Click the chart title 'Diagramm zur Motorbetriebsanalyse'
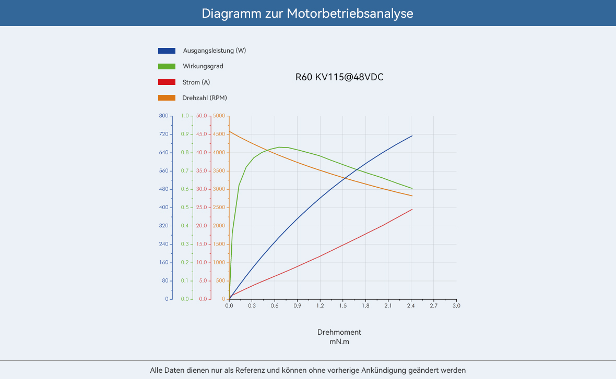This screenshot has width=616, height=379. click(x=307, y=13)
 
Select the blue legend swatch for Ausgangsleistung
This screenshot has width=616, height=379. click(x=167, y=51)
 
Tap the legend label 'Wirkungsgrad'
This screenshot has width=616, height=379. click(x=203, y=66)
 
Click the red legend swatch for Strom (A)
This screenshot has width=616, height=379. click(x=167, y=82)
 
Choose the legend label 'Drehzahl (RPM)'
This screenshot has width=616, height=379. click(x=205, y=97)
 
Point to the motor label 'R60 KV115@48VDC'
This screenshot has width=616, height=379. click(x=339, y=77)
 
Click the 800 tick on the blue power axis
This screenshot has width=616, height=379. click(x=164, y=116)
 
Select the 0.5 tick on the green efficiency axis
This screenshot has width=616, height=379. click(x=185, y=207)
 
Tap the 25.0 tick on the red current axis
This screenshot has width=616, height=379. click(x=202, y=207)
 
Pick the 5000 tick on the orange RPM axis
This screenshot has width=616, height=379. click(x=219, y=116)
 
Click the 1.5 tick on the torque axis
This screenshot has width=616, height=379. click(x=342, y=305)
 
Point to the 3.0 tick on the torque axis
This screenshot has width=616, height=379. click(x=456, y=305)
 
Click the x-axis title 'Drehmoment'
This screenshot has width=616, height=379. click(x=339, y=332)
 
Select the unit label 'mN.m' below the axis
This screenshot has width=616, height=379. click(x=339, y=342)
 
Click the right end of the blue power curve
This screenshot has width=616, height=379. click(x=412, y=136)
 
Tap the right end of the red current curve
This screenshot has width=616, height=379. click(x=412, y=210)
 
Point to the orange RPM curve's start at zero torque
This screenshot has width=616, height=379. click(x=230, y=131)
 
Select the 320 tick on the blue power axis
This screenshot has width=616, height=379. click(x=164, y=226)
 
